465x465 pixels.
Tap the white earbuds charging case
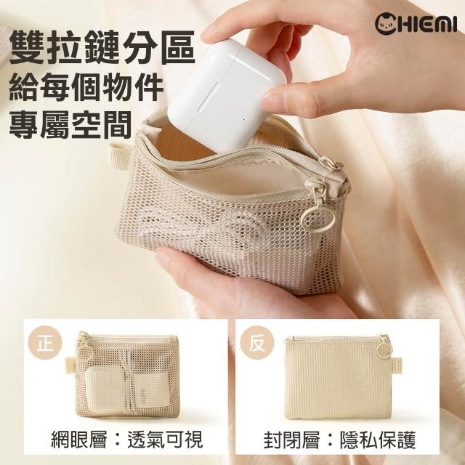pyautogui.click(x=226, y=97)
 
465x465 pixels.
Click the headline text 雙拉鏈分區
pyautogui.click(x=102, y=46)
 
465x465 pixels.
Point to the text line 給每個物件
pyautogui.click(x=86, y=88)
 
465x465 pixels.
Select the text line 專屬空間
pyautogui.click(x=70, y=124)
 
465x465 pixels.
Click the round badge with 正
pyautogui.click(x=45, y=343)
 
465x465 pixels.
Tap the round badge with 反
pyautogui.click(x=256, y=343)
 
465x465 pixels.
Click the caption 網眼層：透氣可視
pyautogui.click(x=127, y=440)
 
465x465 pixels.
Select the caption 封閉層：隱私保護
pyautogui.click(x=340, y=440)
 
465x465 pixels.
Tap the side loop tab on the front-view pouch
pyautogui.click(x=70, y=364)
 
